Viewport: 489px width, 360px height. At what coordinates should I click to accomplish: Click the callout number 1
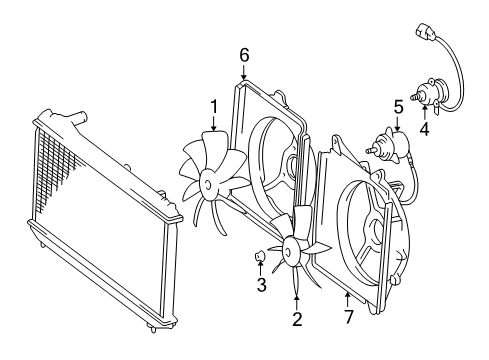[x=214, y=107]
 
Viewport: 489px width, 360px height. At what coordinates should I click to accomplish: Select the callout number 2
[x=297, y=319]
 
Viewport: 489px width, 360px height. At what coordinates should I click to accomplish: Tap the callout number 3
[x=262, y=285]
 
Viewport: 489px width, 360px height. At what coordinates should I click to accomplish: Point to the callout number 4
[x=424, y=129]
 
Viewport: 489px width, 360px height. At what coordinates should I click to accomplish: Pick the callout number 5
[x=399, y=108]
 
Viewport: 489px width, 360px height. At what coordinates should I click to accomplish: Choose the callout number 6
[x=244, y=55]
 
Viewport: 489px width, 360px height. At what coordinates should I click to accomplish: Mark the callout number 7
[x=349, y=317]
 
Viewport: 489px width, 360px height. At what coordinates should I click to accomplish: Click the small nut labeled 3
[x=260, y=256]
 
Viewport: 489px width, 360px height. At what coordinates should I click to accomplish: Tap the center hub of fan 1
[x=208, y=185]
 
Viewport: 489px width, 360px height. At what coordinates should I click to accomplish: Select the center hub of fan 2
[x=288, y=251]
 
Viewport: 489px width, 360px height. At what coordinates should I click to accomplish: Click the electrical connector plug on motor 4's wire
[x=425, y=32]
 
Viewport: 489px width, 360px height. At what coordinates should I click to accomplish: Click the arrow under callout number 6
[x=244, y=72]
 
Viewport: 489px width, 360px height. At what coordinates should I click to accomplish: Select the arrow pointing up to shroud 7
[x=348, y=299]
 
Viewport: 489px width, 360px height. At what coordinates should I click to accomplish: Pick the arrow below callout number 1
[x=214, y=123]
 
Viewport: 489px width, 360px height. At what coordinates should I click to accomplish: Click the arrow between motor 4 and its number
[x=425, y=112]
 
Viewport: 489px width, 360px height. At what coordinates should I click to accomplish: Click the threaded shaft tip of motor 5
[x=368, y=151]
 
